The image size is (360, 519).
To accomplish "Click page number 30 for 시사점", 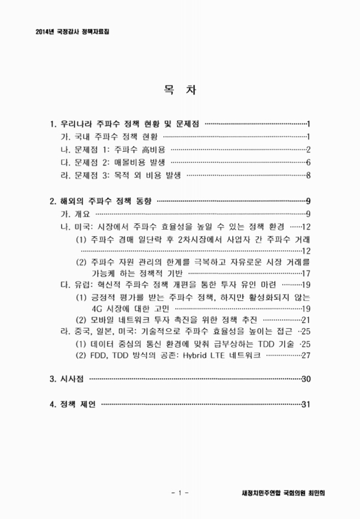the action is pyautogui.click(x=307, y=378).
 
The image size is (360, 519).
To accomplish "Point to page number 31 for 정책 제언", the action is pyautogui.click(x=307, y=405).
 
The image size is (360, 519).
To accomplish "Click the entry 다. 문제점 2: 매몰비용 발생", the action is pyautogui.click(x=112, y=162).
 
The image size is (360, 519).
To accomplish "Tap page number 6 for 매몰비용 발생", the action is pyautogui.click(x=310, y=162).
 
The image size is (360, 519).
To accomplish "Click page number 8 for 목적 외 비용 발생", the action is pyautogui.click(x=310, y=175).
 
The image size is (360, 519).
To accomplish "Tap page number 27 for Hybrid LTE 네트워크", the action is pyautogui.click(x=307, y=355).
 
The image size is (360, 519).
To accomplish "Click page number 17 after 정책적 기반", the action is pyautogui.click(x=307, y=273).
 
